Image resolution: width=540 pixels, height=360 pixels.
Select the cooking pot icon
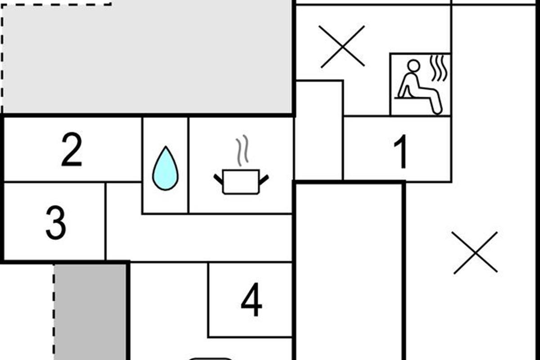241,181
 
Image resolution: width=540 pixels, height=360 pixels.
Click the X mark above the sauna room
342,47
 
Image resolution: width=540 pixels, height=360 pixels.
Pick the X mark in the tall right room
475,252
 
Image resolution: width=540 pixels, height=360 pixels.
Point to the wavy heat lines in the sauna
439,68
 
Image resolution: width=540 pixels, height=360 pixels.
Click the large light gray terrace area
148,56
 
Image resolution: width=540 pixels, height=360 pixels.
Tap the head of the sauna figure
414,66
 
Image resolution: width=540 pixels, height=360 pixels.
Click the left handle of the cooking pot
219,179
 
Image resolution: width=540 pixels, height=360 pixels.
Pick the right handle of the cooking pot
264,179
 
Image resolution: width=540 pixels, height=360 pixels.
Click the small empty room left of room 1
319,130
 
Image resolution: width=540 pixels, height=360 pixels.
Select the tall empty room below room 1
349,270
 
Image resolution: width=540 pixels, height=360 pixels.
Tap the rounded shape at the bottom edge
211,359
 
